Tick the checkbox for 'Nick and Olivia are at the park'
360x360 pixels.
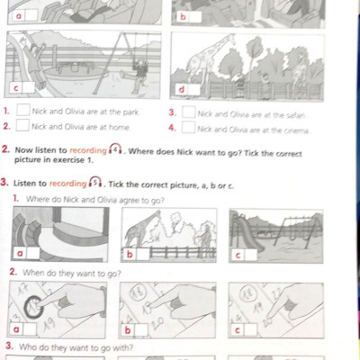22,112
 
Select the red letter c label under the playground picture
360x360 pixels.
15,89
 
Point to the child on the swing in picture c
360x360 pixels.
139,68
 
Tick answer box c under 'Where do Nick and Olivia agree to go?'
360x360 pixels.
251,255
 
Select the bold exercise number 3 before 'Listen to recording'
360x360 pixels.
5,184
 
